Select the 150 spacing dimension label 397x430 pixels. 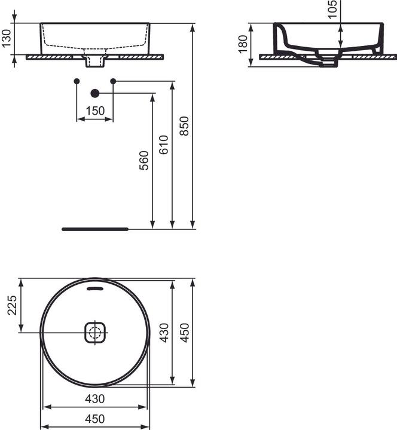(x=94, y=110)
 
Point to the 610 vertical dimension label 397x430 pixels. (x=164, y=145)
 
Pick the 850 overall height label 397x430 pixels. (x=185, y=126)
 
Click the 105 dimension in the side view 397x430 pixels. (x=333, y=7)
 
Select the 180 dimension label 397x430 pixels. (x=242, y=44)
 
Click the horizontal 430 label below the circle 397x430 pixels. (x=94, y=398)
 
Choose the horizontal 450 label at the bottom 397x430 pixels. (x=94, y=419)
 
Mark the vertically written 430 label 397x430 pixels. (x=164, y=332)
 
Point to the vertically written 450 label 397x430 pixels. (x=185, y=332)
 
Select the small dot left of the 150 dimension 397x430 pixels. (x=76, y=81)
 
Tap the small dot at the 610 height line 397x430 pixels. (x=113, y=81)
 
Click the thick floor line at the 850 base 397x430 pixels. (x=95, y=228)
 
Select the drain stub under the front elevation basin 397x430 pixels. (x=94, y=60)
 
